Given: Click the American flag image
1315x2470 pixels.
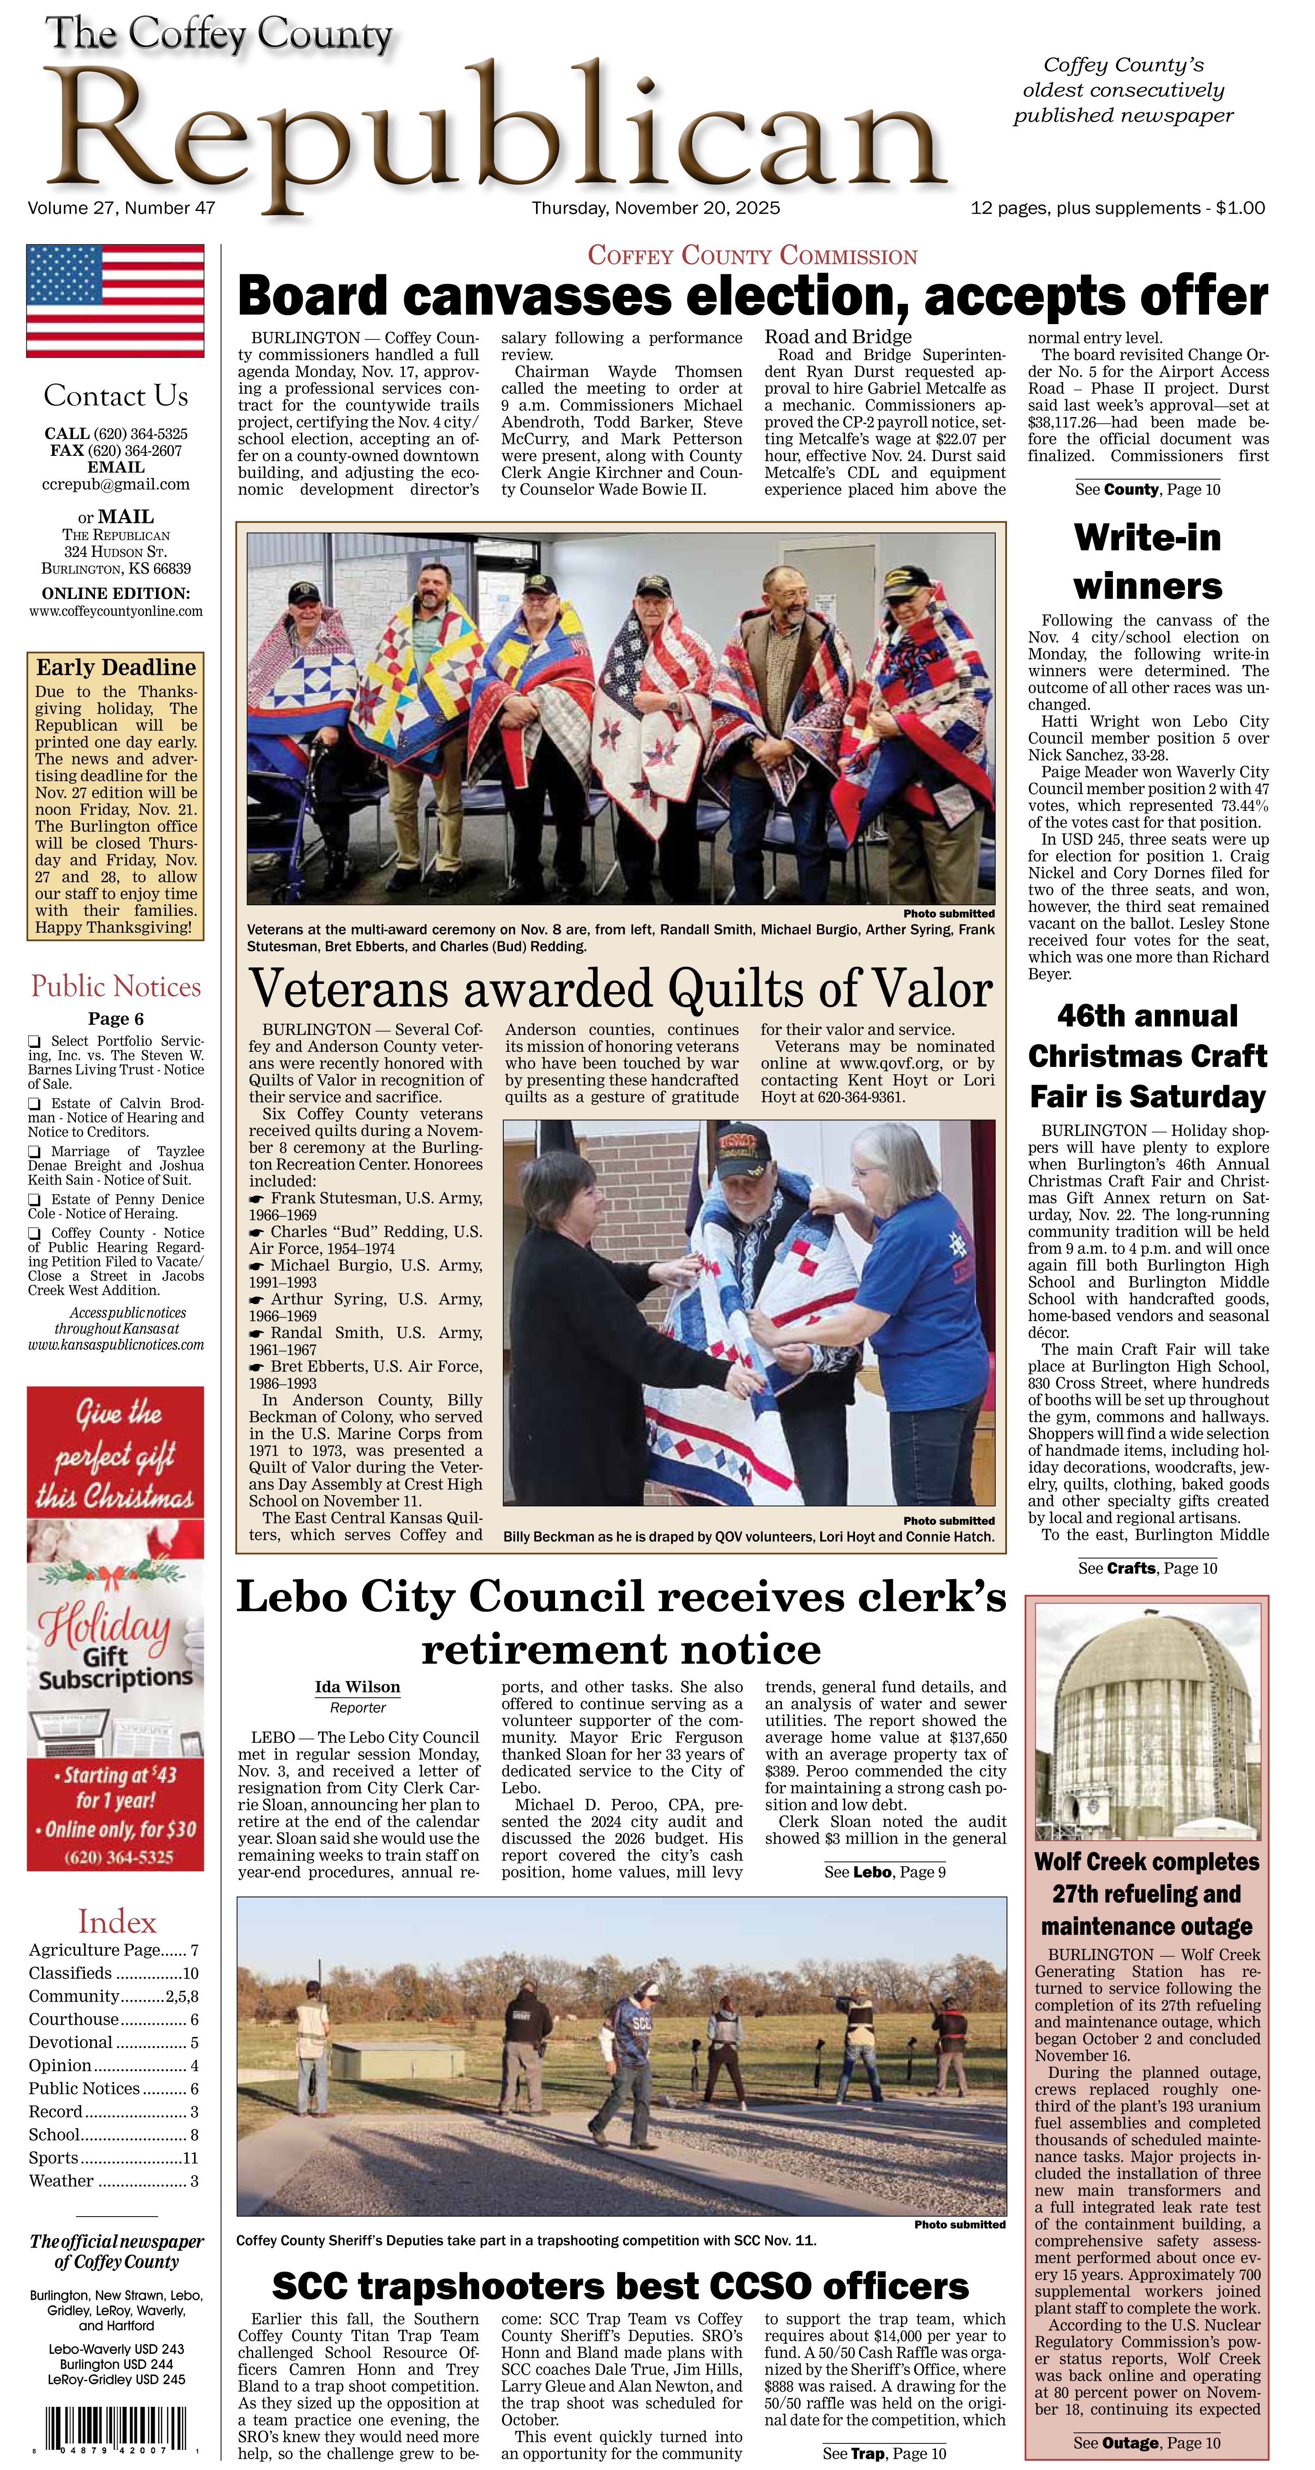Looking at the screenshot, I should click(115, 300).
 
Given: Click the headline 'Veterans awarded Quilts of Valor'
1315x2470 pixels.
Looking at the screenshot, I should click(621, 988).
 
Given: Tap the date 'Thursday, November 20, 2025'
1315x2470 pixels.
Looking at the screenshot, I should click(656, 208).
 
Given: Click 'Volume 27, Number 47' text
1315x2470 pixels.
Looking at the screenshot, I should click(122, 208).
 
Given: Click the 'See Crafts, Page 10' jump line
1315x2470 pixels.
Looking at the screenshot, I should click(1147, 1569).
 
